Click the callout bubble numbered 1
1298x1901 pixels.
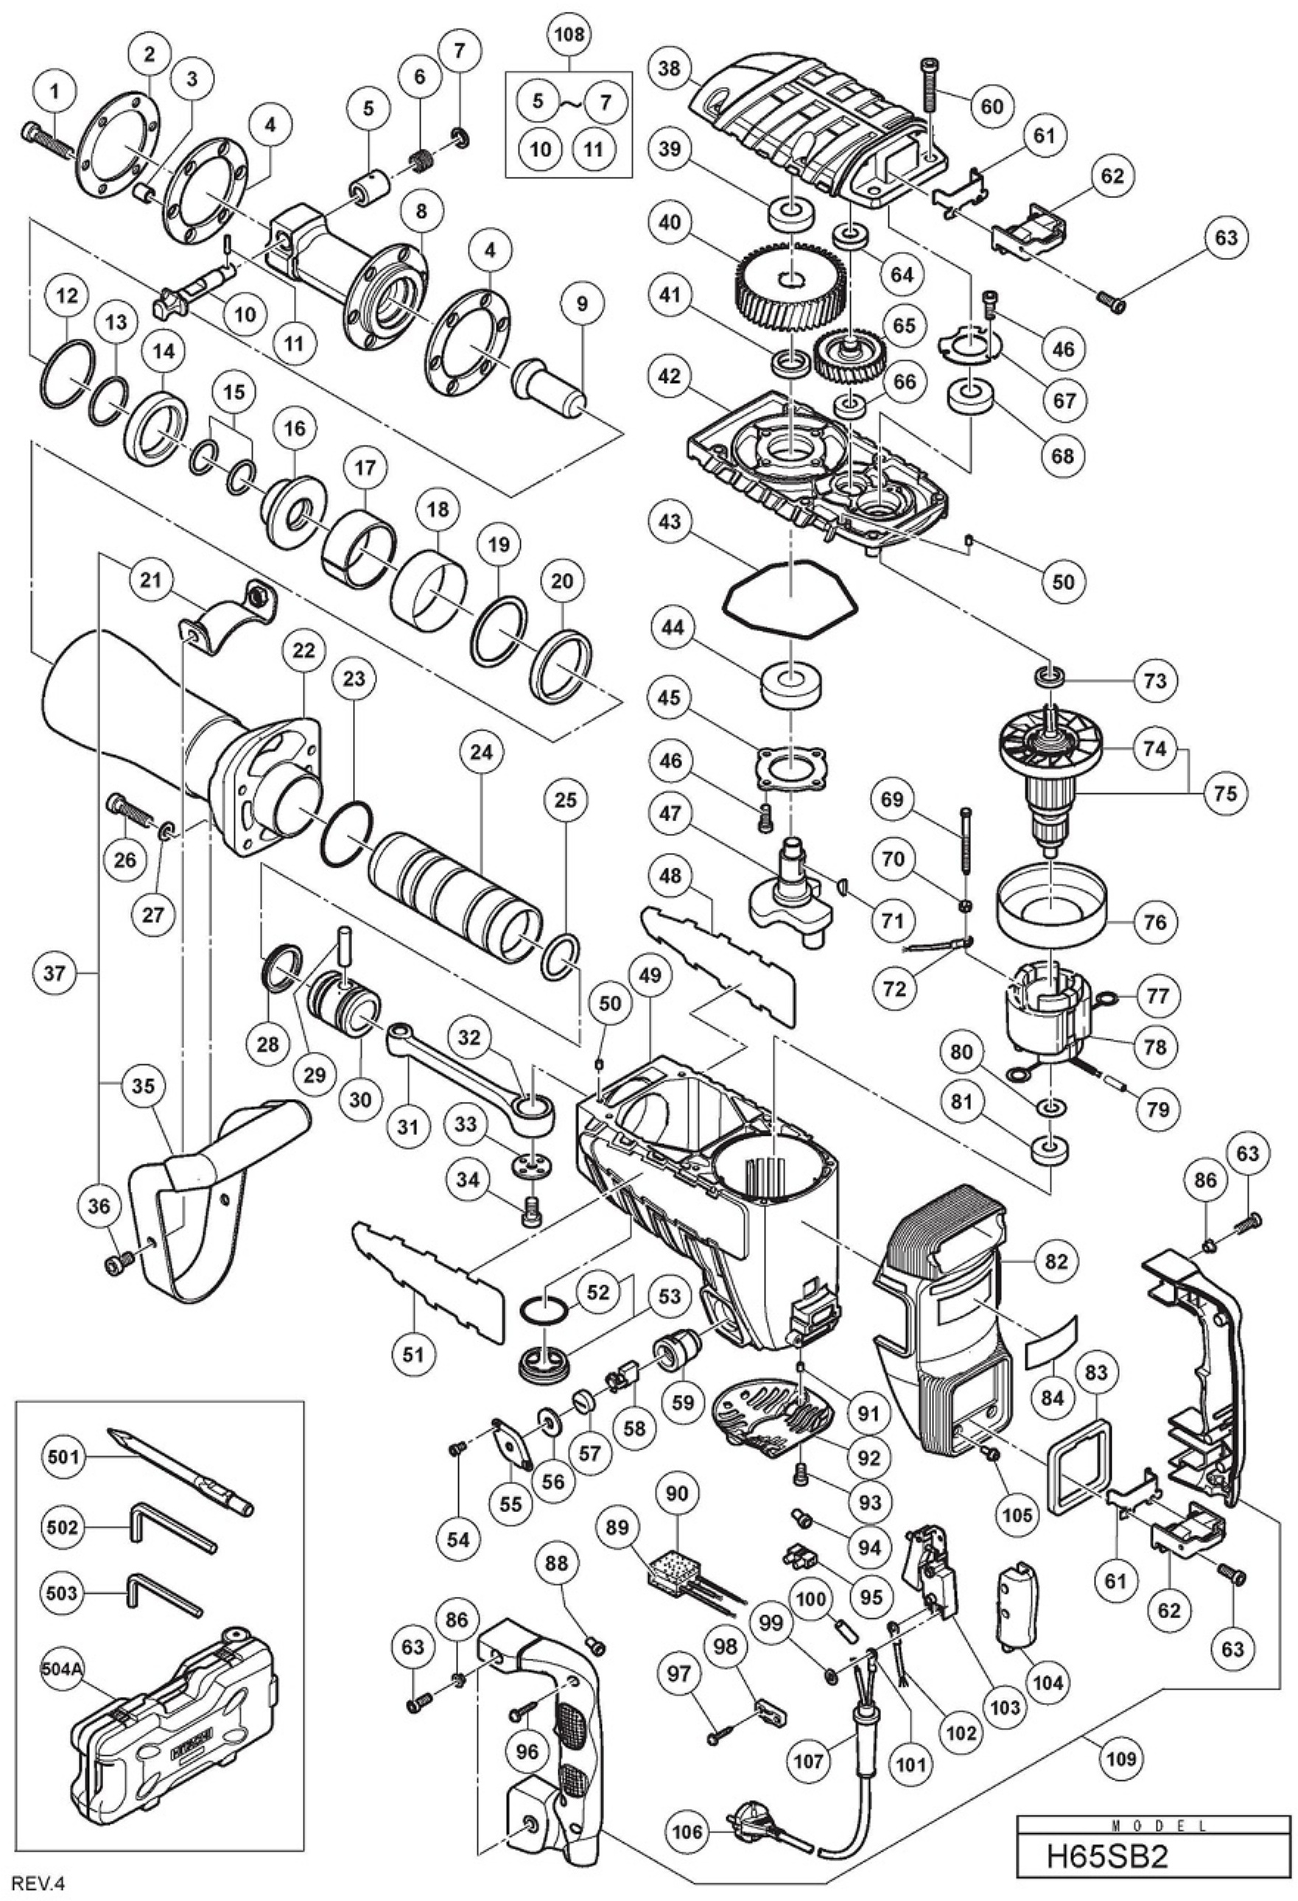point(55,94)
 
